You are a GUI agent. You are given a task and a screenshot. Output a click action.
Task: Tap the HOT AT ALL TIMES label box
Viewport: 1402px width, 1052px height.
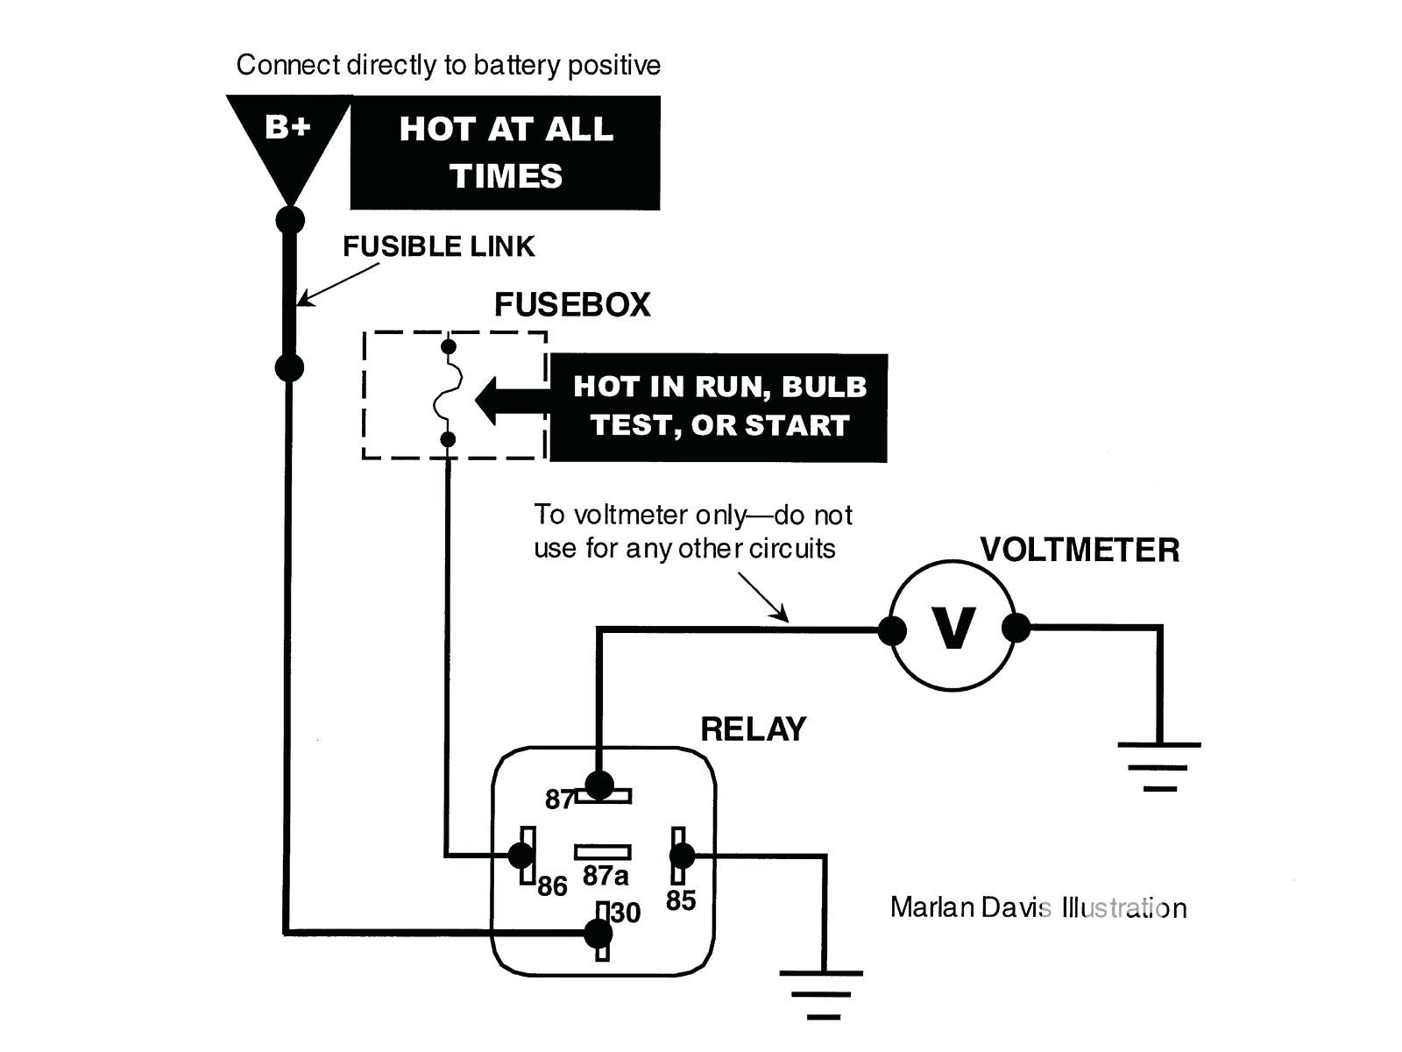[506, 153]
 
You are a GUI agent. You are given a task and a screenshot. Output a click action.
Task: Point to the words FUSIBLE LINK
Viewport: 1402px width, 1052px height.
[438, 246]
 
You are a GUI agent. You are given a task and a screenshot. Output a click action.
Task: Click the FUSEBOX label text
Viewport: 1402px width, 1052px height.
[572, 305]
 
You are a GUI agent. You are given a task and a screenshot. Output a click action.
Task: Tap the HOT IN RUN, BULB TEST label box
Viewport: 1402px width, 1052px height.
[719, 408]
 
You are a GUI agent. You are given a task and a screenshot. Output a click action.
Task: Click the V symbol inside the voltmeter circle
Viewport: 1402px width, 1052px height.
[953, 627]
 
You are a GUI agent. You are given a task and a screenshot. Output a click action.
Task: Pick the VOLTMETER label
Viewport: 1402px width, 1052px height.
[1080, 550]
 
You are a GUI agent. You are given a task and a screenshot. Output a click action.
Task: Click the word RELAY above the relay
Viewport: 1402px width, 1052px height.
[753, 729]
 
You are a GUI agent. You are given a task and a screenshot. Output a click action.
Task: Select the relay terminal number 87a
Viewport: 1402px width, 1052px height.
[605, 876]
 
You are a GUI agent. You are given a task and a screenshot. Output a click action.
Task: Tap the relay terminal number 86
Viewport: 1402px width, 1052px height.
[553, 886]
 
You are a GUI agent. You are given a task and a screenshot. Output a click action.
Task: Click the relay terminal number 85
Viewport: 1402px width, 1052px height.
[681, 900]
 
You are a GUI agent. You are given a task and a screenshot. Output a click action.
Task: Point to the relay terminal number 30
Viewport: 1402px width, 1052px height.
[626, 913]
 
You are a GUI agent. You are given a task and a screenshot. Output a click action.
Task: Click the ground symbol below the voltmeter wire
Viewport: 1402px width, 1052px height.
[1159, 766]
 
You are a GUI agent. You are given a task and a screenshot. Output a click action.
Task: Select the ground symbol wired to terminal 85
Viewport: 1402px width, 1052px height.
[821, 995]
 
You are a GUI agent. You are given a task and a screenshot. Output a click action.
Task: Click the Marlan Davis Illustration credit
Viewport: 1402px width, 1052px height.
[1038, 907]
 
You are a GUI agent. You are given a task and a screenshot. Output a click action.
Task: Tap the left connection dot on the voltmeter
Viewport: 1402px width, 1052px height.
[892, 630]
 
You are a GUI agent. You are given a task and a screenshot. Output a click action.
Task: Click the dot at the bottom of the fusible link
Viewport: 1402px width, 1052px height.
[289, 368]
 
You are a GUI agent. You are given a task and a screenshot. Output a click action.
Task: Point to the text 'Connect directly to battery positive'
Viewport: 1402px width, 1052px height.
[449, 66]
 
